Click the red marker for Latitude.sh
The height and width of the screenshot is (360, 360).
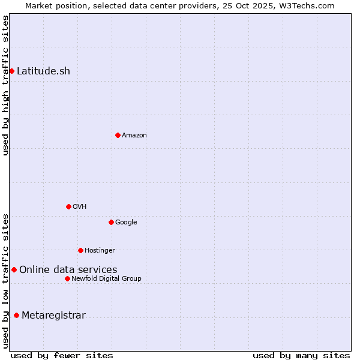pos(11,71)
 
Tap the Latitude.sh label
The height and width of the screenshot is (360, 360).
pos(43,71)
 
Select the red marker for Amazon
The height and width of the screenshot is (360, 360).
pos(118,135)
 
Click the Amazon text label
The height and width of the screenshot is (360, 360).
pos(134,136)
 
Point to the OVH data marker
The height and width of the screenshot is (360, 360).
pos(68,206)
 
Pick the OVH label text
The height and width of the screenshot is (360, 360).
pos(80,207)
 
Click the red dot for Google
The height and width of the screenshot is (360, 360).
pos(111,222)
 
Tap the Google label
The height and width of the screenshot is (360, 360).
pos(126,223)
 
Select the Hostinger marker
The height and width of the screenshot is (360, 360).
pos(80,250)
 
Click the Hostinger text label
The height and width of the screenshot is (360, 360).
pos(100,251)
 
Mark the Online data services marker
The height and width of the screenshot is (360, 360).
pos(14,269)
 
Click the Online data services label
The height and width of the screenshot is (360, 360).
pos(68,270)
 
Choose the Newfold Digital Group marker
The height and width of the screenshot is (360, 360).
pos(67,278)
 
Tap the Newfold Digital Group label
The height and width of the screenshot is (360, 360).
pos(107,279)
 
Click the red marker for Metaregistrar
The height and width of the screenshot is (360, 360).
pos(16,315)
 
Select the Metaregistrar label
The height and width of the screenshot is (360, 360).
pos(54,316)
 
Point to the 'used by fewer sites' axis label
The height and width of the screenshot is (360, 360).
pos(62,355)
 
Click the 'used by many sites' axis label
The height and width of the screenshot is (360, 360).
pos(301,355)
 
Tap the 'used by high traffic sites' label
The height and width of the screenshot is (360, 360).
pos(5,85)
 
